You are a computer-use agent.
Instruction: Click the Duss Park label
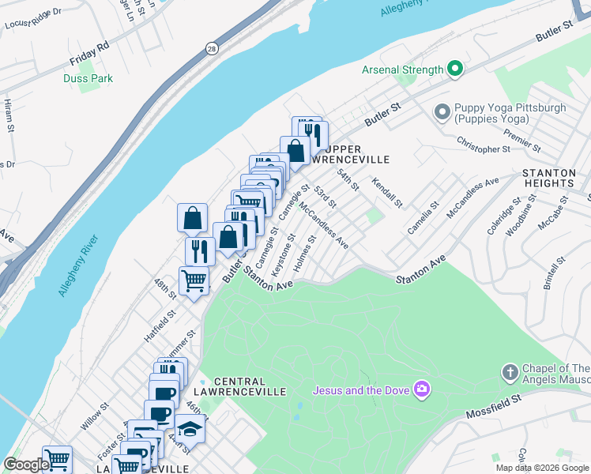88,78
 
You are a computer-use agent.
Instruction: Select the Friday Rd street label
88,53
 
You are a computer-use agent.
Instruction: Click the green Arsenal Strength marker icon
454,70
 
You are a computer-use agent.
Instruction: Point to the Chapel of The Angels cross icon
510,371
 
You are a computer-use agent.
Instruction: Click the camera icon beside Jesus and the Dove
422,389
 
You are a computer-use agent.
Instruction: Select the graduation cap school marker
190,427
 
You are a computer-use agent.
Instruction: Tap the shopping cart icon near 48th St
194,280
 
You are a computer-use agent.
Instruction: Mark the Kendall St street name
387,191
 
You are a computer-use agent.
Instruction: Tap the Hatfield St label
160,325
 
